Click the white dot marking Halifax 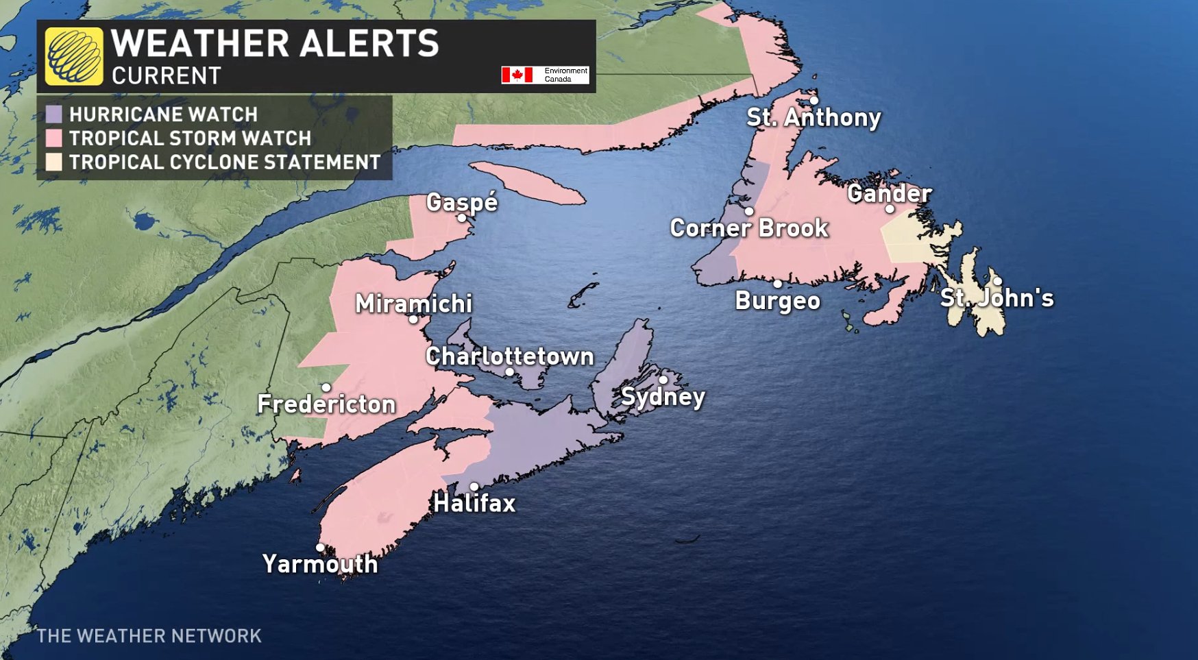(x=474, y=487)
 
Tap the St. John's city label (x=997, y=298)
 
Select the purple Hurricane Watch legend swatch (x=54, y=114)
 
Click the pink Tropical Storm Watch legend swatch (x=54, y=138)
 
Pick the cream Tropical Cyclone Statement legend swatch (x=54, y=162)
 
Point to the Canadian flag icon (x=517, y=75)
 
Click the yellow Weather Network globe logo (x=74, y=56)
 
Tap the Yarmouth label (x=320, y=564)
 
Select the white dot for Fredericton (x=326, y=387)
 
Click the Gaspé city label (x=461, y=202)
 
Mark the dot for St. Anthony (x=814, y=100)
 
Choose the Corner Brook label (x=749, y=228)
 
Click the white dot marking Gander (x=890, y=209)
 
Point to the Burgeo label (x=777, y=301)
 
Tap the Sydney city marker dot (x=663, y=380)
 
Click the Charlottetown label (x=509, y=356)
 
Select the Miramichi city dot (x=413, y=319)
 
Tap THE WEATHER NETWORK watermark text (x=149, y=636)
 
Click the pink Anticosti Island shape (x=528, y=183)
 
